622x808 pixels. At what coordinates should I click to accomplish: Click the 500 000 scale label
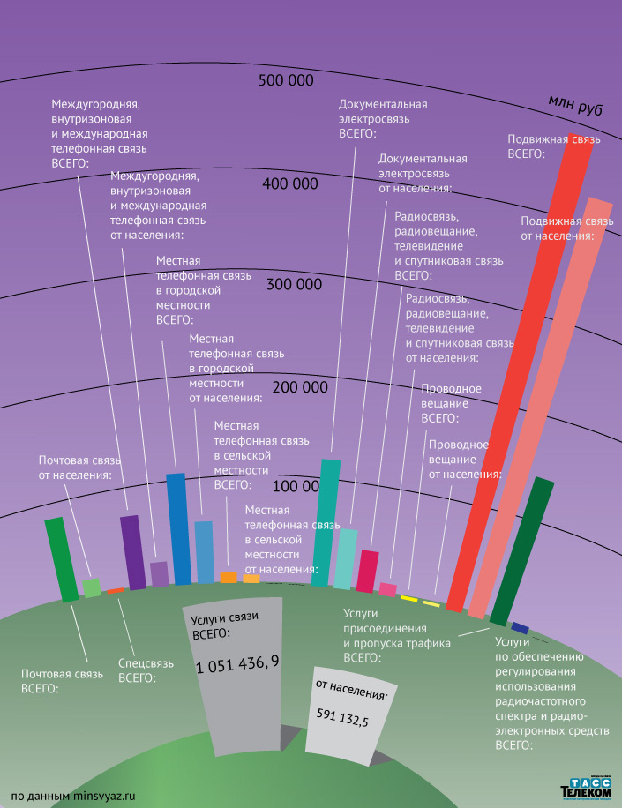(286, 81)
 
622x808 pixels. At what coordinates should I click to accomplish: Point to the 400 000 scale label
(290, 183)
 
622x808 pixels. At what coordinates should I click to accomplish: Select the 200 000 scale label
(300, 386)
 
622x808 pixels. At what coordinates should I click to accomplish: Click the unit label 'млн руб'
(575, 105)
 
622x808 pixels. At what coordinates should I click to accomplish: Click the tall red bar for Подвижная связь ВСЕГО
(521, 370)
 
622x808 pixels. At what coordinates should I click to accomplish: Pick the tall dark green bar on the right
(521, 551)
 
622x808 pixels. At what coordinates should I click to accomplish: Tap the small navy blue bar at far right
(521, 627)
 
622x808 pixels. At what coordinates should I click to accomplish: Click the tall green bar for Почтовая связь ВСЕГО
(62, 560)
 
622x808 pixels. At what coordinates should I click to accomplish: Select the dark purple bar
(133, 552)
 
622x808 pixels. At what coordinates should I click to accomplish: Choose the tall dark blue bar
(178, 529)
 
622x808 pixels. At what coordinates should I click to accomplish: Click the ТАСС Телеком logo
(586, 789)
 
